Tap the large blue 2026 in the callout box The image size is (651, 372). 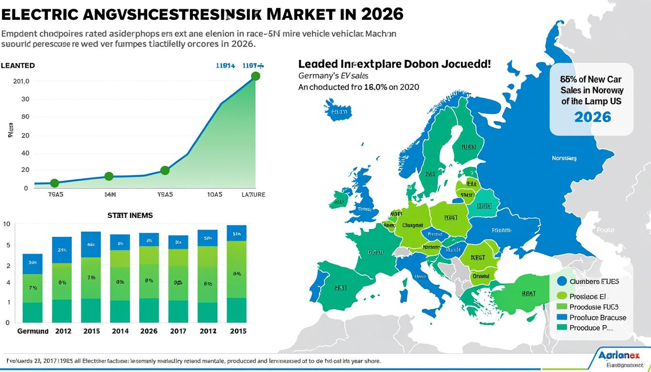(592, 117)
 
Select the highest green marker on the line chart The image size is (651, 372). (256, 76)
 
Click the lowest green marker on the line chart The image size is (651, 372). (54, 183)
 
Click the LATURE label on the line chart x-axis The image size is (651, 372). (253, 195)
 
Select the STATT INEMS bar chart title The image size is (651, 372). (130, 215)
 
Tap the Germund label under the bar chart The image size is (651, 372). (33, 331)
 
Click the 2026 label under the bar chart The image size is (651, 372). (149, 331)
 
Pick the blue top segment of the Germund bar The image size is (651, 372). (32, 264)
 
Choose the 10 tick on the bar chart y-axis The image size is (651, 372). (6, 224)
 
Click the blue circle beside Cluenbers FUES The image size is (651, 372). (562, 281)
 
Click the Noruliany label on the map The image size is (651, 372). (564, 158)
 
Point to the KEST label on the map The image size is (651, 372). (478, 258)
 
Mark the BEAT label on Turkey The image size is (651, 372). (528, 294)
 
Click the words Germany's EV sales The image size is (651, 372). (333, 76)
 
